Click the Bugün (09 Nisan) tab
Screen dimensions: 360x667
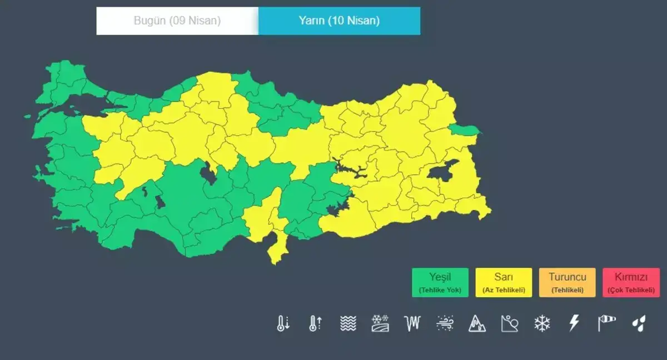pyautogui.click(x=177, y=21)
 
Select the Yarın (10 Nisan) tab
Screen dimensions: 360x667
pyautogui.click(x=339, y=21)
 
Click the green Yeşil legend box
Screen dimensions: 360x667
pyautogui.click(x=440, y=283)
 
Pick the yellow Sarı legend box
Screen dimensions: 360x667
pyautogui.click(x=504, y=283)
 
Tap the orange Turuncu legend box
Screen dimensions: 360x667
pyautogui.click(x=567, y=283)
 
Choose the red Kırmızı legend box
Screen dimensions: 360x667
pyautogui.click(x=631, y=283)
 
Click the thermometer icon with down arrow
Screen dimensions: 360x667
pyautogui.click(x=283, y=323)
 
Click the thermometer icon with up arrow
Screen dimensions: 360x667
pyautogui.click(x=315, y=323)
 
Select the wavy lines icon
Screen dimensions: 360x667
pyautogui.click(x=348, y=323)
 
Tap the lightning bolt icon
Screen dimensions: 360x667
pyautogui.click(x=574, y=323)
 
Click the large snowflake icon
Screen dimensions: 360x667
pyautogui.click(x=542, y=323)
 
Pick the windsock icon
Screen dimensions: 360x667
pyautogui.click(x=606, y=323)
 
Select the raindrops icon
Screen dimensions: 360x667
pyautogui.click(x=639, y=323)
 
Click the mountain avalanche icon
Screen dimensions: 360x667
pyautogui.click(x=477, y=323)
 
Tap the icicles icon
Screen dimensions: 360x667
pyautogui.click(x=412, y=323)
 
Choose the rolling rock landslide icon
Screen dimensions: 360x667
pyautogui.click(x=509, y=323)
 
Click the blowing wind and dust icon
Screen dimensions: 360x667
pyautogui.click(x=445, y=323)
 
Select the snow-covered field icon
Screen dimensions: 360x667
pyautogui.click(x=380, y=323)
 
